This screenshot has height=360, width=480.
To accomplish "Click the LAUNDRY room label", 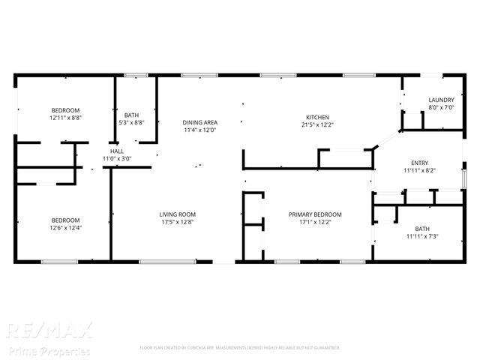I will click(x=441, y=100).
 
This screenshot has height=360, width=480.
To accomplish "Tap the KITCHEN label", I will click(x=317, y=117).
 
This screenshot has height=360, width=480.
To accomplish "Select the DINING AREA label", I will click(x=200, y=122).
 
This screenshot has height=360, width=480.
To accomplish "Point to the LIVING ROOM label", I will click(x=177, y=214).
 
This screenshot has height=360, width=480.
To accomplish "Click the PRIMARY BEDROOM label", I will click(x=315, y=214).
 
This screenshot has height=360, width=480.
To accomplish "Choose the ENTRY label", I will click(x=419, y=163).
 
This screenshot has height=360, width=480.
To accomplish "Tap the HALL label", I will click(x=116, y=151).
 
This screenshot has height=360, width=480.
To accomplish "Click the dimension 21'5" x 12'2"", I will click(x=317, y=125).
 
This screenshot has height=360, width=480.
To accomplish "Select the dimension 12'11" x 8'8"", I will click(x=65, y=118).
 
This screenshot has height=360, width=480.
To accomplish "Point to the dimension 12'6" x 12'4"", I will click(x=65, y=228).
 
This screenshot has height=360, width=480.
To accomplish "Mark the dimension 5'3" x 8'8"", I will click(x=132, y=122).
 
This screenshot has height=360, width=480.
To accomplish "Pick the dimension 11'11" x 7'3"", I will click(x=422, y=236).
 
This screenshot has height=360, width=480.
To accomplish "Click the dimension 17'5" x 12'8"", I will click(x=177, y=222).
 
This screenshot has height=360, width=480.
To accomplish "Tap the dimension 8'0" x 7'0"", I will click(x=441, y=107).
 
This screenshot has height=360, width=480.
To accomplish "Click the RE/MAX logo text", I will click(x=49, y=331).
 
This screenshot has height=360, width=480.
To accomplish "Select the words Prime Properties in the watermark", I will click(x=49, y=350).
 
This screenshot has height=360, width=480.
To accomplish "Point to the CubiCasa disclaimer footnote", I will click(x=240, y=348).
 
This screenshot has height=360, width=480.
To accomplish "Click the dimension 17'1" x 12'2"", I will click(x=315, y=222).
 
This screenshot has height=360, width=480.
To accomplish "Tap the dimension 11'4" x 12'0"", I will click(x=200, y=130).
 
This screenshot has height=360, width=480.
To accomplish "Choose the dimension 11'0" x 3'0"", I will click(x=116, y=158).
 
